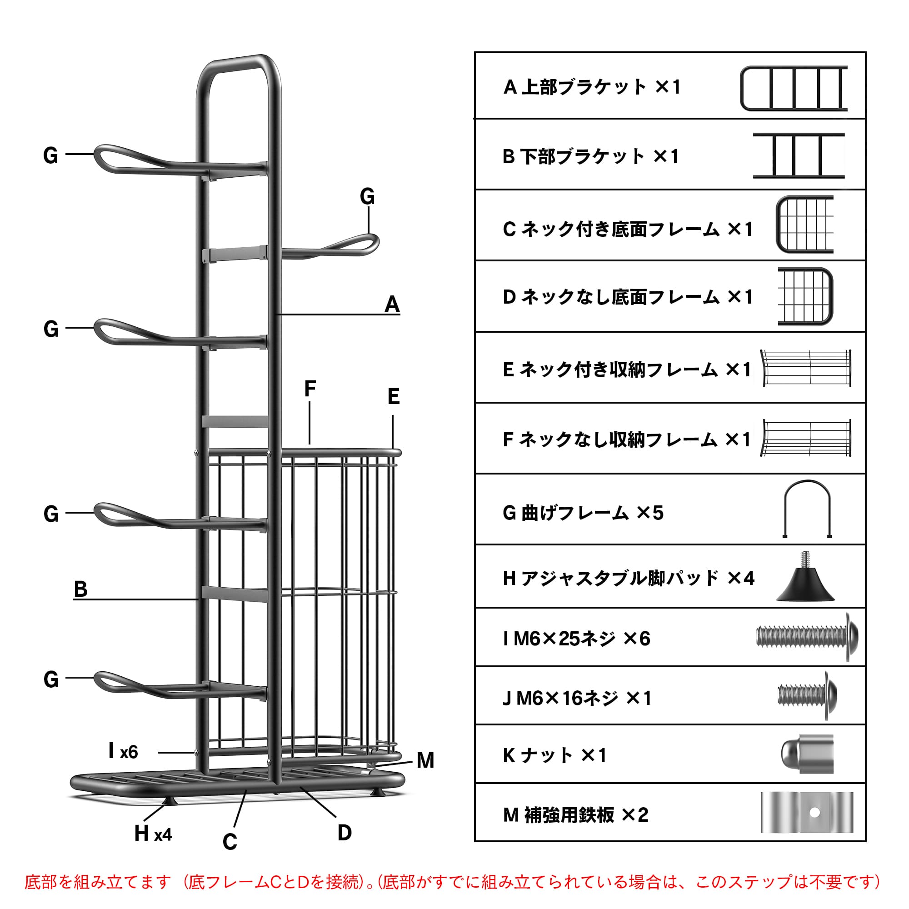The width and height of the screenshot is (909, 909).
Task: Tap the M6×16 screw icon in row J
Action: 807,695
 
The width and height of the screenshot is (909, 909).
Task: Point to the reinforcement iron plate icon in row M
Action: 806,813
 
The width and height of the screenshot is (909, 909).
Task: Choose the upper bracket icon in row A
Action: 793,89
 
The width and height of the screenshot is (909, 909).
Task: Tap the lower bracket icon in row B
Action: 798,156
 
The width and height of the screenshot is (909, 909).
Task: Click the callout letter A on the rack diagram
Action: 392,304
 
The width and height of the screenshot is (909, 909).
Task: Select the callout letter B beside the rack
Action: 80,589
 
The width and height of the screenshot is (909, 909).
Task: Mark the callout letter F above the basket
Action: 310,389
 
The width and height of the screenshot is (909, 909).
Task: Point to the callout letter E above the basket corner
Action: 393,397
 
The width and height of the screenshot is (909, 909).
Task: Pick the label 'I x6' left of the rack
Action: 123,752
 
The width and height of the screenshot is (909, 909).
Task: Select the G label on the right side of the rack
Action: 367,196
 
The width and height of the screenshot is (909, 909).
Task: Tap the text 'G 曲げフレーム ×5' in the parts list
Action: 583,513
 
